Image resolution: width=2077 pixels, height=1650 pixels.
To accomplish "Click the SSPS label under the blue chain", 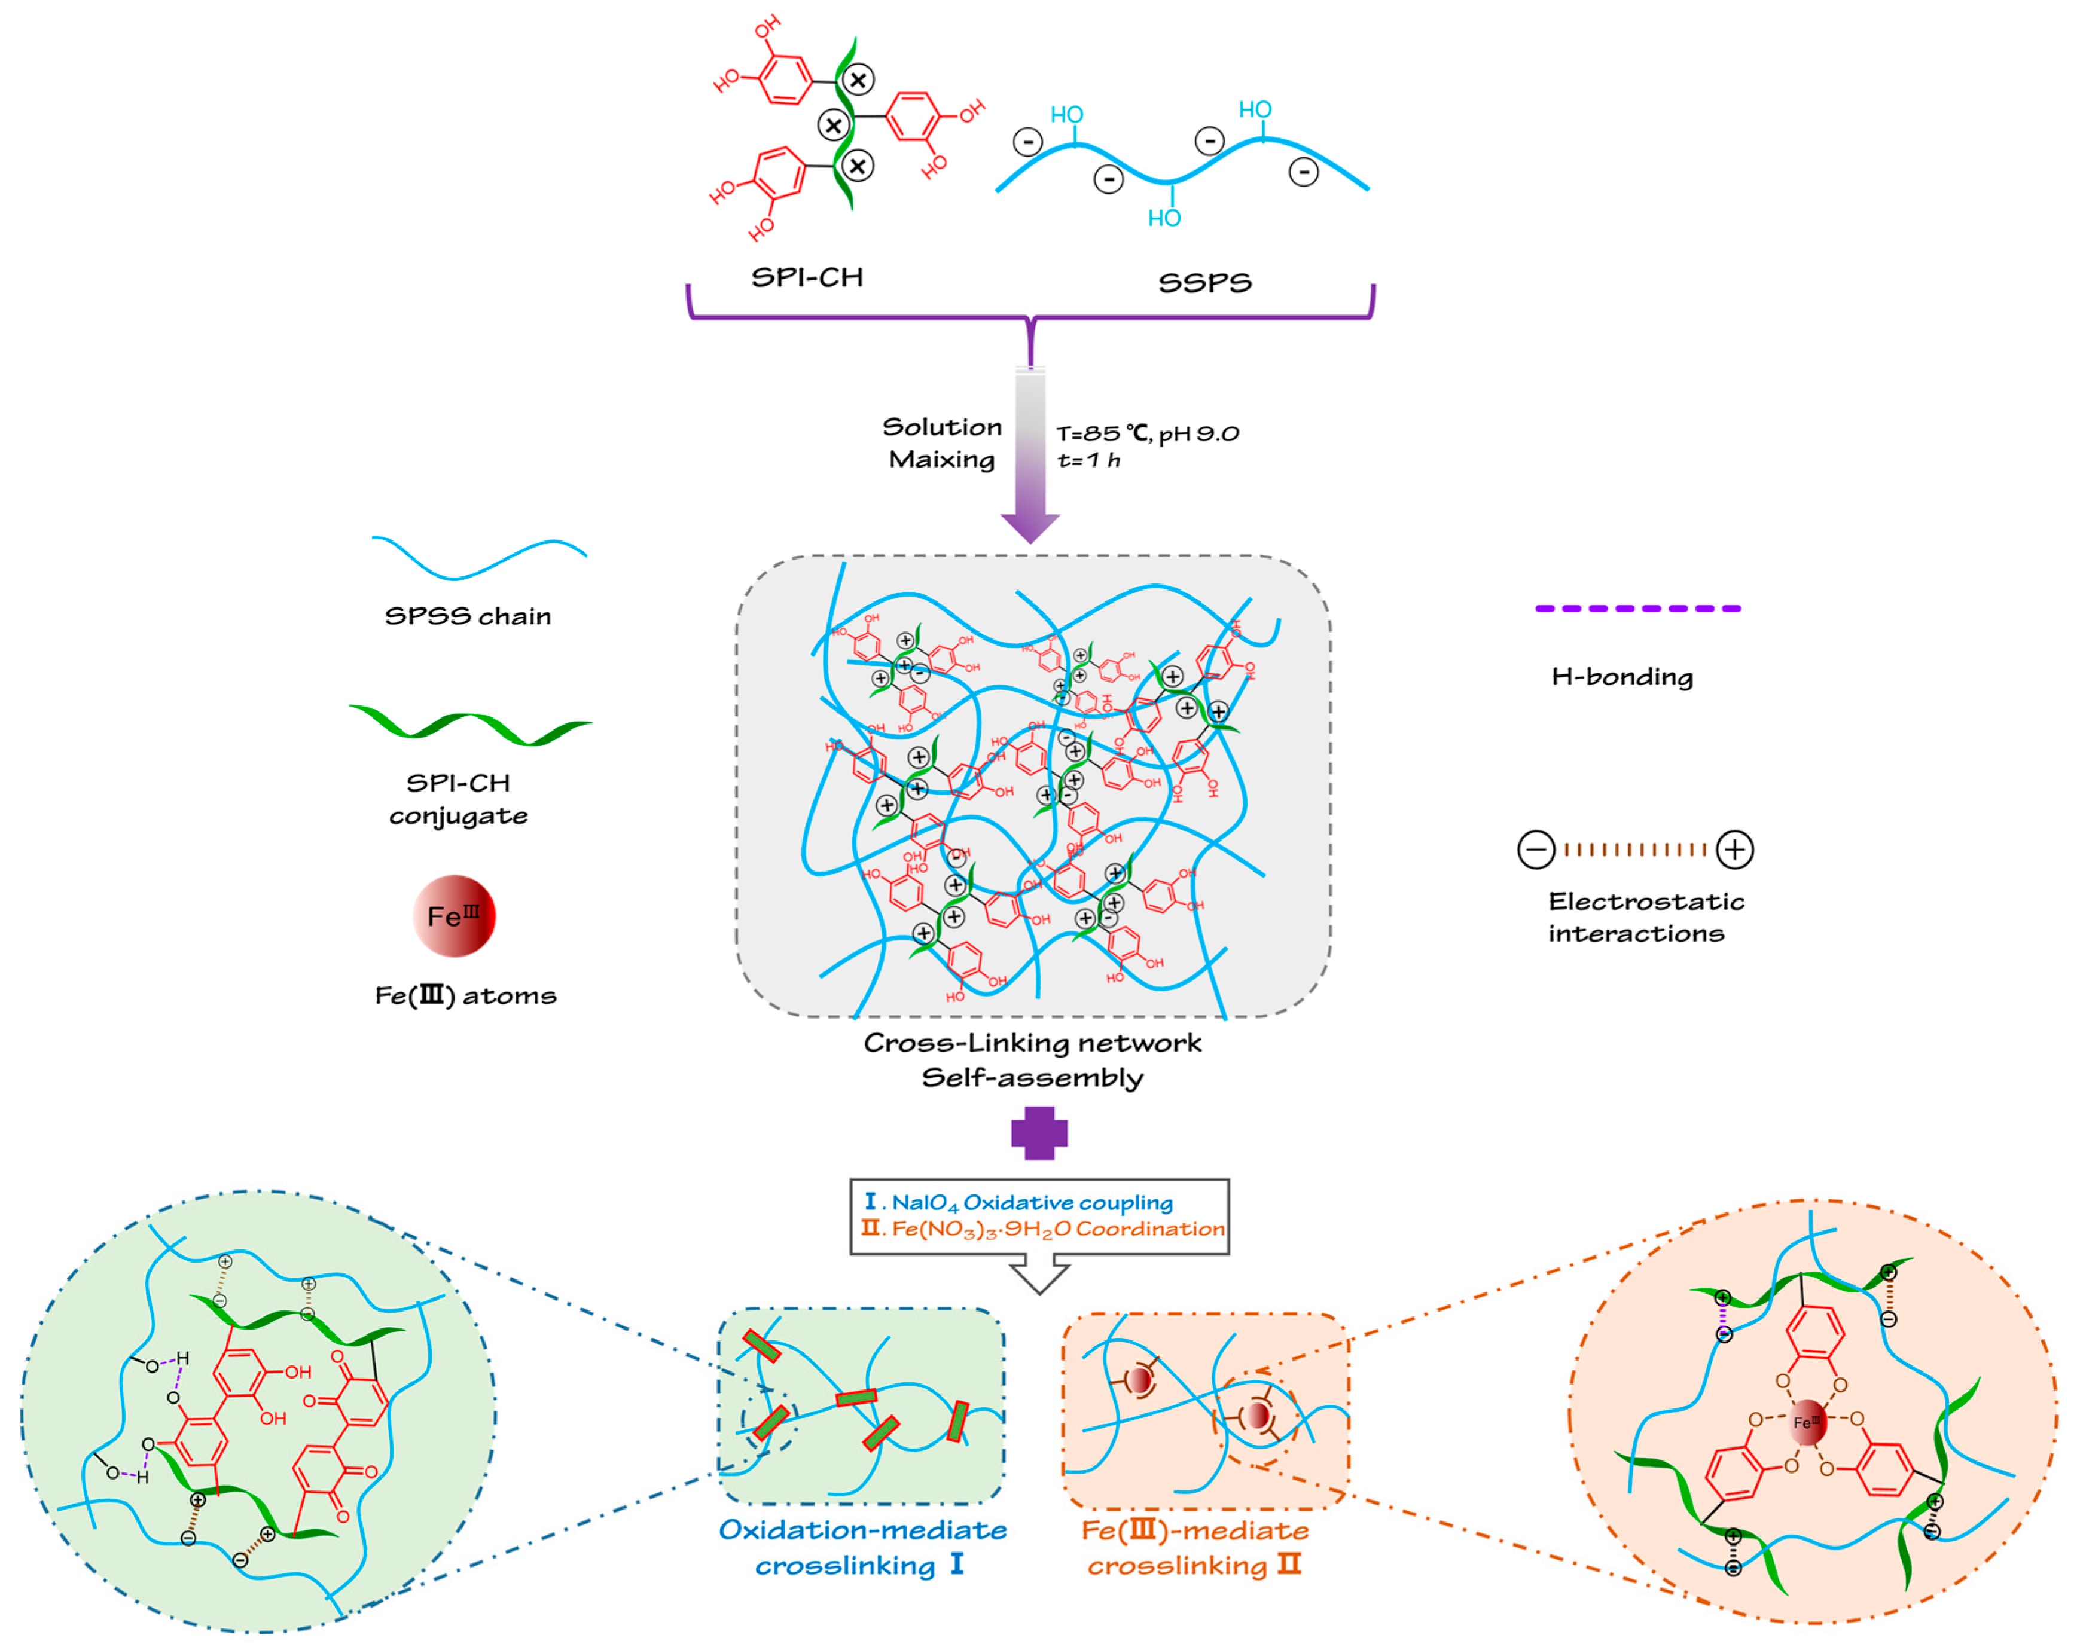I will click(1204, 282).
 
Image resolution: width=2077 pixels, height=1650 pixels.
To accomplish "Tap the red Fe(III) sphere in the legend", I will click(454, 915).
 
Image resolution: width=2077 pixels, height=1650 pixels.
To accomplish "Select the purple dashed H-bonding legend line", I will click(1637, 609).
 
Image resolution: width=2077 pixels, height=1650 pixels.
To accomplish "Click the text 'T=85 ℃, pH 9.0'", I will click(1146, 433).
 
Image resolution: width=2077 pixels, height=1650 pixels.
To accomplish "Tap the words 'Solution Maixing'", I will click(941, 443).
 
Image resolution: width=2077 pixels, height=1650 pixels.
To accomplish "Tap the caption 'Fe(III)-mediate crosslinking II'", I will click(1194, 1547).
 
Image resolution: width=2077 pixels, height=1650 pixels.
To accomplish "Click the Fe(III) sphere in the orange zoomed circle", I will click(1807, 1422).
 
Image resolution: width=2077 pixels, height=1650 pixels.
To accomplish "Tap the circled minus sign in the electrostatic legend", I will click(1536, 850).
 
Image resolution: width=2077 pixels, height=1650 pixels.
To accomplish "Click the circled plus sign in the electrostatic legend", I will click(1734, 850).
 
